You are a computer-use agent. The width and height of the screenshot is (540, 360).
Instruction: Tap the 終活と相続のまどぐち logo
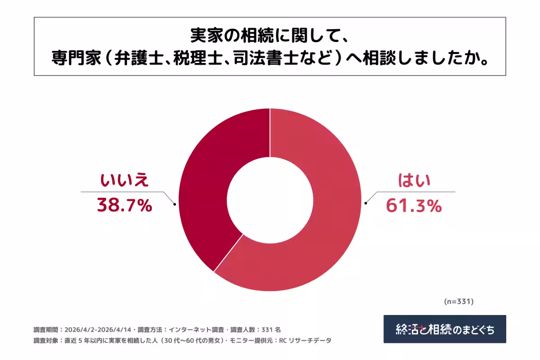(445, 329)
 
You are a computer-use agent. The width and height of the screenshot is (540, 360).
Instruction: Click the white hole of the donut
(270, 200)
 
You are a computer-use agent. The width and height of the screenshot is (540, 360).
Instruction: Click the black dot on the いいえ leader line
(175, 203)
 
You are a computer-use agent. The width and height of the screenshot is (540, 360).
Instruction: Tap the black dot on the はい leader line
(365, 203)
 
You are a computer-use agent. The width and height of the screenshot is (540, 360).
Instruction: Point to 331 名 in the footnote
(271, 329)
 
